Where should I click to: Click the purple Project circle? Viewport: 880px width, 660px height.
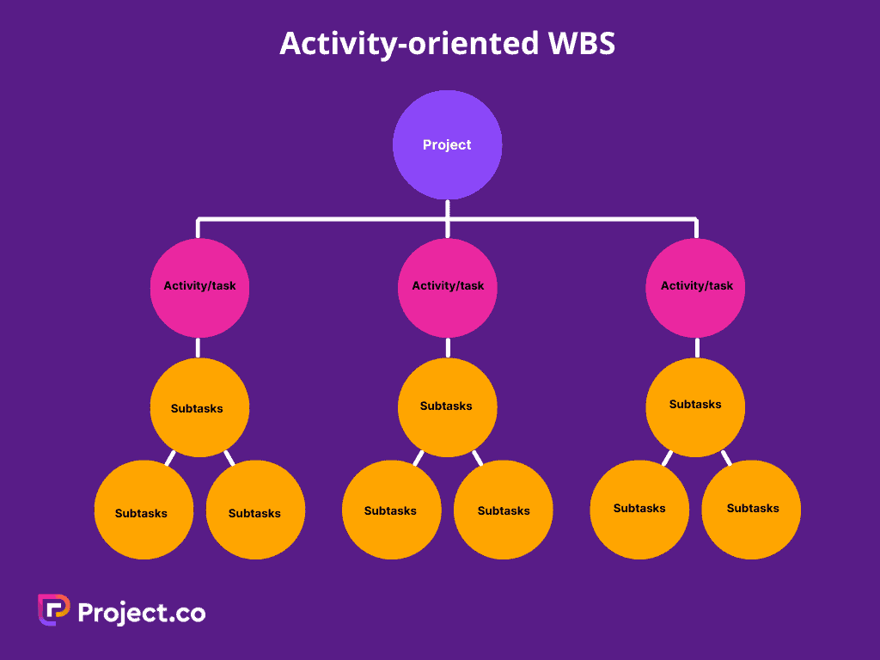[x=447, y=144]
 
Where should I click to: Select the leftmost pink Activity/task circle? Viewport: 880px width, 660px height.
[x=199, y=287]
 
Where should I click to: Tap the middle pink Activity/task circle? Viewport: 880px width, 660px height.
[x=448, y=287]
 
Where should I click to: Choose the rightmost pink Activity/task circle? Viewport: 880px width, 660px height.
[x=696, y=287]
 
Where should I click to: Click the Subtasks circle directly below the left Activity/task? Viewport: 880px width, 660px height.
[x=199, y=407]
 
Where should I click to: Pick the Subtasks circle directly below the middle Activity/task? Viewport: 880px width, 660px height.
[x=447, y=406]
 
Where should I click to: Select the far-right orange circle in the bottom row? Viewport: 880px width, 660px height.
[x=751, y=509]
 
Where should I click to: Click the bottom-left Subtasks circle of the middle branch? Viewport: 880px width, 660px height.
[x=391, y=510]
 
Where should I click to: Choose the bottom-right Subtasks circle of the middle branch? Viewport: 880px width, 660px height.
[x=504, y=510]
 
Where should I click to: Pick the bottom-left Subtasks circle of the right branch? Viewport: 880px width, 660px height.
[x=639, y=509]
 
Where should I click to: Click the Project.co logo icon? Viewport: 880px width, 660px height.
[x=53, y=610]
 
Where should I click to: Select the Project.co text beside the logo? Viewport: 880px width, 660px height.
[x=142, y=612]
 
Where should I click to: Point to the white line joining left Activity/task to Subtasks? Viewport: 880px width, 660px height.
[x=199, y=347]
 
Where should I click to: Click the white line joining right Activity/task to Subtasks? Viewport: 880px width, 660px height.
[x=696, y=347]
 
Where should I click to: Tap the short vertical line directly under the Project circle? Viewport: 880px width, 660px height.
[x=447, y=209]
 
